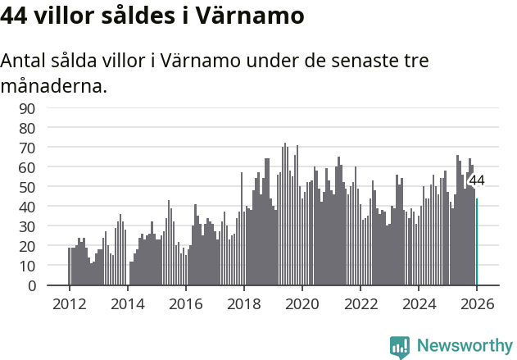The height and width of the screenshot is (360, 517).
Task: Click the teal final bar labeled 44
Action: coord(477,242)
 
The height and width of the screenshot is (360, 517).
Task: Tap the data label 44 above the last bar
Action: coord(476,180)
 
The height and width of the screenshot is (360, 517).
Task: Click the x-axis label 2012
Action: coord(69,303)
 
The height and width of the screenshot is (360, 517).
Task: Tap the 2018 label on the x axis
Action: coord(243,303)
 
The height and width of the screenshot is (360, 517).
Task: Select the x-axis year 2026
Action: coord(477,303)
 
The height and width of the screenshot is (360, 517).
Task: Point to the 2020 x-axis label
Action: coord(302,303)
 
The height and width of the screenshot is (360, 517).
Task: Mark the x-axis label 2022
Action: coord(361,303)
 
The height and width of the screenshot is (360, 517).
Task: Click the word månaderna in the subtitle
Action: coord(53,84)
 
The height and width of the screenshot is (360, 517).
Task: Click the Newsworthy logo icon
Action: coord(400,346)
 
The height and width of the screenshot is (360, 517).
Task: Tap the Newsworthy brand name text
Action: coord(465,346)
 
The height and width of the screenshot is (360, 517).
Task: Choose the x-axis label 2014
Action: coord(127,303)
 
